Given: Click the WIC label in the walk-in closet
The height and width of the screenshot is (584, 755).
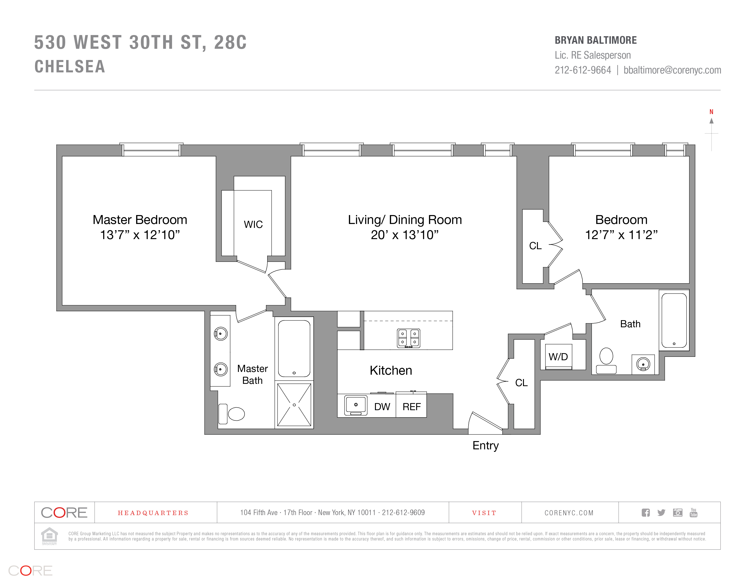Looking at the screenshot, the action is (x=253, y=224).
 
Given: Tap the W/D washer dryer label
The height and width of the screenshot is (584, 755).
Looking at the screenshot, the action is (x=558, y=357).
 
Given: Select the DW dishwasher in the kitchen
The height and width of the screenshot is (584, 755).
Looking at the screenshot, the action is (x=382, y=407).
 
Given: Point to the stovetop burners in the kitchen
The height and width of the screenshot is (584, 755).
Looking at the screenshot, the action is (x=408, y=338).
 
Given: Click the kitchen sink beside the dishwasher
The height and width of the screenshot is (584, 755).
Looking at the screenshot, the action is (x=356, y=405).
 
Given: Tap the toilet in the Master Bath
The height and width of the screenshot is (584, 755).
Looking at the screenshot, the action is (x=231, y=414).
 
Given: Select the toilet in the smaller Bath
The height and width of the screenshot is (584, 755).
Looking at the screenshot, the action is (x=606, y=360).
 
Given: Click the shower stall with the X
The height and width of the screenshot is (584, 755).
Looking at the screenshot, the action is (x=294, y=405).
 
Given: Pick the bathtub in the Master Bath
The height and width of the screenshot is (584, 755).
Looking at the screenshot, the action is (x=294, y=348).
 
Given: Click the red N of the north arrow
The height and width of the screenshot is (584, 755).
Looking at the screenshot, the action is (x=712, y=112).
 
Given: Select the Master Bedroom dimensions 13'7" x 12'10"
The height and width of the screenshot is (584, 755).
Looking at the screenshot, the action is (x=140, y=235).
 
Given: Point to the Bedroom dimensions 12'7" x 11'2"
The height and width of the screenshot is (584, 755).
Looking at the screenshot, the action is (x=621, y=235).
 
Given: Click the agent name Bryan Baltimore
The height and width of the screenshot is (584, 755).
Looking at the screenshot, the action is (x=596, y=40).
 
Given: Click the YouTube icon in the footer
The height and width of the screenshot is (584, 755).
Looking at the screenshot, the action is (x=693, y=512).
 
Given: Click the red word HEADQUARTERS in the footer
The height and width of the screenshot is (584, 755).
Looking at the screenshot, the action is (x=153, y=513).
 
